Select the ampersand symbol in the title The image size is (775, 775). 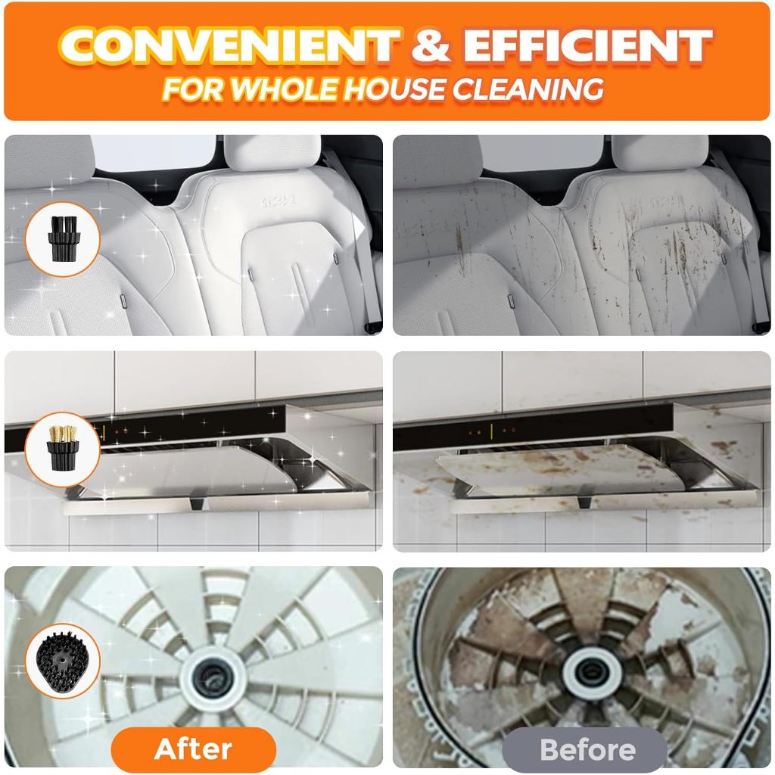(x=431, y=45)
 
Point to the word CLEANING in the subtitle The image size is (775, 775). (x=528, y=89)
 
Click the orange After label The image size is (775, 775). (x=193, y=749)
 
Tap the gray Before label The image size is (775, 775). (x=587, y=749)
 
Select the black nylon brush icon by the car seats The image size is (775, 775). (x=64, y=238)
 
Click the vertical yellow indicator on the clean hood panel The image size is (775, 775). (x=104, y=432)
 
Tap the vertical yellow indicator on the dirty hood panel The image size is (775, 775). (x=492, y=432)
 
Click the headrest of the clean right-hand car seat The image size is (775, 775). (x=272, y=153)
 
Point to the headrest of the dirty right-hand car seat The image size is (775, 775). (x=660, y=153)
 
